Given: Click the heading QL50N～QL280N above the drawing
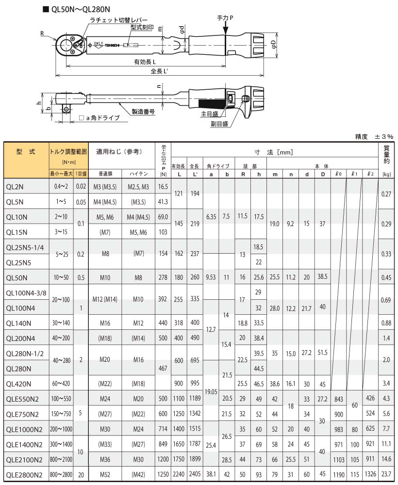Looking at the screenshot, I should pos(77,9).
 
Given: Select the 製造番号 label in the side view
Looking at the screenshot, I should pos(143,111).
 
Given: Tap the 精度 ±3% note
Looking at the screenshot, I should pos(374,137).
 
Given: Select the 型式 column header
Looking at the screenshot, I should pos(26,151).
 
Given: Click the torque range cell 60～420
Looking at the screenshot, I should pos(61,384).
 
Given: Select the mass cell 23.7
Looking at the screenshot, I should pos(386,475).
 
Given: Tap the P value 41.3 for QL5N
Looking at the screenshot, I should pos(164,201).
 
